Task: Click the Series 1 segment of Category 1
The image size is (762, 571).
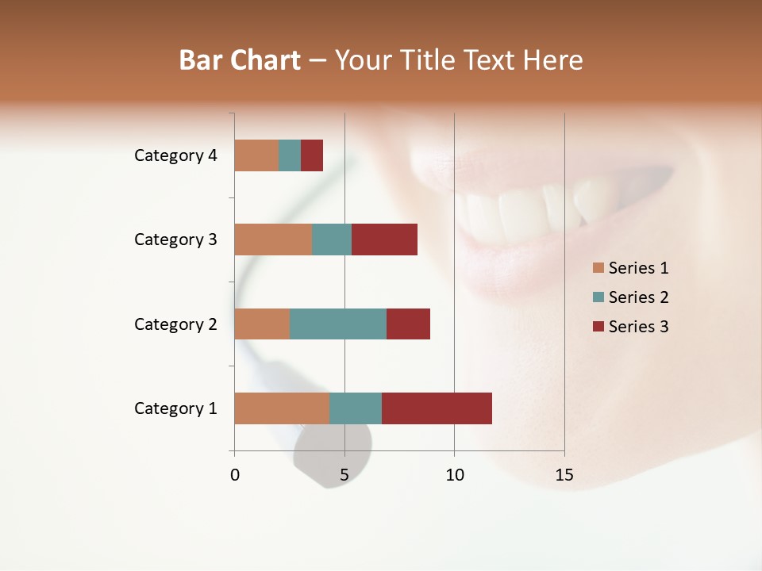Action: coord(282,408)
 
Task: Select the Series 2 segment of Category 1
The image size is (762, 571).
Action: coord(356,408)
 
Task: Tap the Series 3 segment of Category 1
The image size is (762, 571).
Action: coord(437,408)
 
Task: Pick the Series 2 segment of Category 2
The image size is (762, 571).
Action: coord(338,324)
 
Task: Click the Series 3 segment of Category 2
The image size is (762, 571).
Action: coord(408,324)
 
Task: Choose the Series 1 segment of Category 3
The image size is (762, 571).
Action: coord(273,240)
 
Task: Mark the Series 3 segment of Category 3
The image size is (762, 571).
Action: coord(384,240)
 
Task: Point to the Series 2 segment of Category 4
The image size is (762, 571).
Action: coord(290,155)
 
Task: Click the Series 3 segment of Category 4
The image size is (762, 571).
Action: coord(312,155)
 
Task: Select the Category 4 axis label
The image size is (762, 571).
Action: coord(175,155)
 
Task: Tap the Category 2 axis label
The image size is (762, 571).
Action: coord(175,324)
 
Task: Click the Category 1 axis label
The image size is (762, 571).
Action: coord(175,408)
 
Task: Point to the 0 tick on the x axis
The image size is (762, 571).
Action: coord(235,475)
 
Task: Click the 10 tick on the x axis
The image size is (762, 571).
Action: coord(454,475)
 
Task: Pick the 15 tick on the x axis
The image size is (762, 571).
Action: coord(564,475)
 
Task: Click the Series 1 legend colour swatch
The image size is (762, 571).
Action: coord(598,268)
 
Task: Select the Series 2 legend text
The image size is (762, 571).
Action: coord(638,297)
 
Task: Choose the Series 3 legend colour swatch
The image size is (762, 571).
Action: coord(598,327)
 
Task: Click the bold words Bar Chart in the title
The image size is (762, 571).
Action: coord(240,60)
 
